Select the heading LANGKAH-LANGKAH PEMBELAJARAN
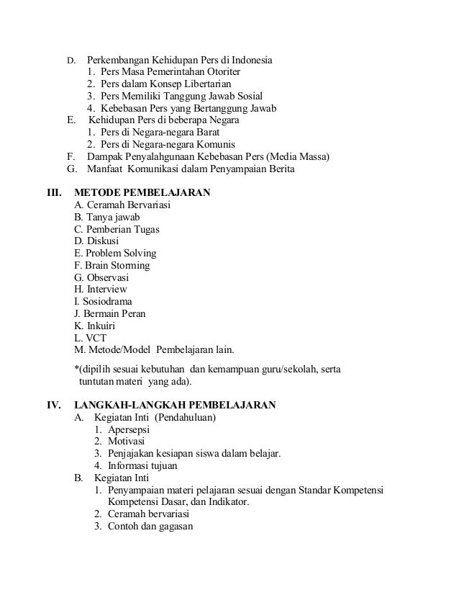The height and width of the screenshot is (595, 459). pyautogui.click(x=175, y=405)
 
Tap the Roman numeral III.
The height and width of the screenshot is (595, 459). pyautogui.click(x=55, y=193)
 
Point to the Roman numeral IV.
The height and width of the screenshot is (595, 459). pyautogui.click(x=54, y=405)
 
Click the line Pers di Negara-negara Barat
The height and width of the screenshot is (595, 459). pyautogui.click(x=152, y=133)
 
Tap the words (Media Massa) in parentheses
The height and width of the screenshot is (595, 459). pyautogui.click(x=296, y=156)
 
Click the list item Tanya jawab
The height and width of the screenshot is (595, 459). pyautogui.click(x=106, y=218)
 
